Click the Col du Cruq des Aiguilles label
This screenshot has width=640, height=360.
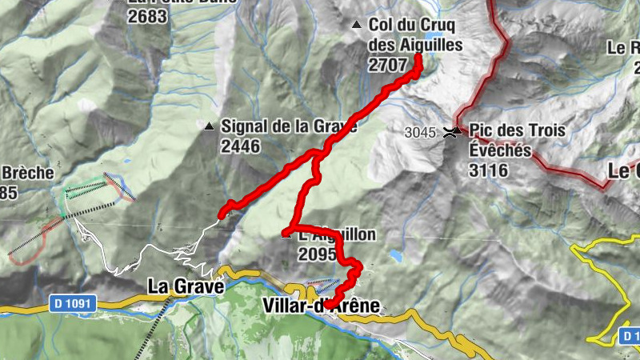click(x=415, y=35)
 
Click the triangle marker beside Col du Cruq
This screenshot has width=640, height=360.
click(x=357, y=25)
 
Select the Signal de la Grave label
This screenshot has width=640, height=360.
click(x=288, y=126)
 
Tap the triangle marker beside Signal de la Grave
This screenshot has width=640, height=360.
click(x=209, y=126)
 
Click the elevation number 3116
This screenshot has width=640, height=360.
click(x=489, y=169)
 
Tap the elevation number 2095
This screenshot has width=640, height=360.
click(x=317, y=254)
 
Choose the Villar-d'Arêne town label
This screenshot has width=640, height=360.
click(x=320, y=305)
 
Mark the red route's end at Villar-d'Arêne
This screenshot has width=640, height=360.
click(x=328, y=305)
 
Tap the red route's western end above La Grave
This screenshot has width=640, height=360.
click(x=222, y=214)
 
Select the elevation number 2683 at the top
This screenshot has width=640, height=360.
click(x=147, y=16)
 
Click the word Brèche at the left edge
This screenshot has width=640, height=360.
click(x=28, y=173)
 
